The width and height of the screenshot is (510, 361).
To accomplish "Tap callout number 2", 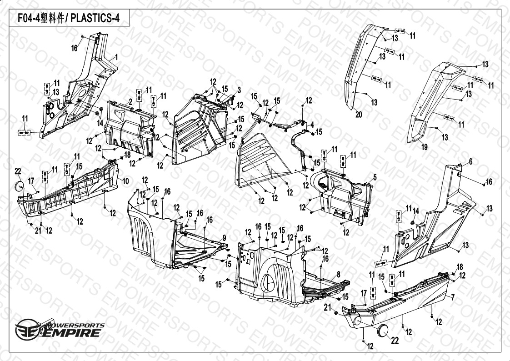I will click(x=130, y=100).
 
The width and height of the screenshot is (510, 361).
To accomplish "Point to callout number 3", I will click(x=239, y=89).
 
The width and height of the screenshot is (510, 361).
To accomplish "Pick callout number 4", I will click(x=312, y=124).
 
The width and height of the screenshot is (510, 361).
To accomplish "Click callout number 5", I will click(x=375, y=176).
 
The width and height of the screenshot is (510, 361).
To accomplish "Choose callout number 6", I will click(x=470, y=162).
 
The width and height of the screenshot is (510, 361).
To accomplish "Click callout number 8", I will click(x=338, y=274).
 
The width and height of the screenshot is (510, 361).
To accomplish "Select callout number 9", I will click(x=224, y=238).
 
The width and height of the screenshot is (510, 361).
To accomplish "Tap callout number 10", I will click(x=126, y=181).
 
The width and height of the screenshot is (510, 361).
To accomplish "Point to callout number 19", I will click(x=424, y=147).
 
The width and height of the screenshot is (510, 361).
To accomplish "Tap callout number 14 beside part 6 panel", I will click(x=415, y=211).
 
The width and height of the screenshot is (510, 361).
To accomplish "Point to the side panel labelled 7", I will click(x=400, y=305).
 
